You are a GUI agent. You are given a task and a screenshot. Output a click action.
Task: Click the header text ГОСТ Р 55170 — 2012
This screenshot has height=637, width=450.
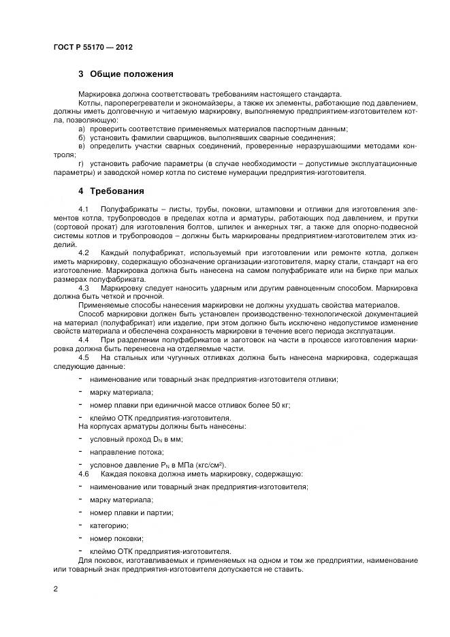click(93, 48)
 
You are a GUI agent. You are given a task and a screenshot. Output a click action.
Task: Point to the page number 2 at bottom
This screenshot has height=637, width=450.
click(55, 587)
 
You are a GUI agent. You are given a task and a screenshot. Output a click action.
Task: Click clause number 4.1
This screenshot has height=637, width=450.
click(84, 208)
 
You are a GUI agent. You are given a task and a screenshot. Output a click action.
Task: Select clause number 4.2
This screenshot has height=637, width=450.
click(84, 252)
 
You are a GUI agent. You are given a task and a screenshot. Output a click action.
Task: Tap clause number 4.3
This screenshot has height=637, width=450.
click(84, 288)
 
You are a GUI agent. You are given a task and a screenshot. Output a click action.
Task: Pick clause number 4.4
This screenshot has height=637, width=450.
click(84, 339)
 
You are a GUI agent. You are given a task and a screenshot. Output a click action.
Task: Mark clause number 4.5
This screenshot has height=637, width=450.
click(84, 357)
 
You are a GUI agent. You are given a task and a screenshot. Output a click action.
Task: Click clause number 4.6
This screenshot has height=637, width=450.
click(84, 473)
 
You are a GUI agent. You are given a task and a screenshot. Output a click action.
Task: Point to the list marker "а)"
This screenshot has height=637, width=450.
click(82, 128)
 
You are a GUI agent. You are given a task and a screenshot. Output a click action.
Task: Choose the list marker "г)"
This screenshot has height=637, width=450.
click(82, 164)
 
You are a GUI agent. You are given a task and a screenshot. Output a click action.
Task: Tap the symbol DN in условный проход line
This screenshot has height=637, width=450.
click(146, 440)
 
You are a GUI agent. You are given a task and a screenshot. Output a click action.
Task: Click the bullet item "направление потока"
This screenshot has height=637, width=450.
click(121, 452)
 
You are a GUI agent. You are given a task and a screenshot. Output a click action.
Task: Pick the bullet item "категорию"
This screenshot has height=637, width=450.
click(108, 525)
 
